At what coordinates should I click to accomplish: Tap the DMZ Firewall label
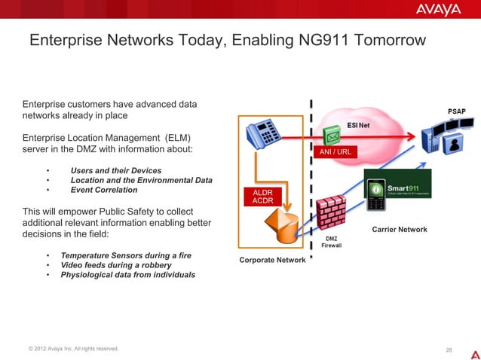[x=332, y=240]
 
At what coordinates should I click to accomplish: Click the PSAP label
[x=457, y=111]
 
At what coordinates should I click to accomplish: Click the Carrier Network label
[x=400, y=230]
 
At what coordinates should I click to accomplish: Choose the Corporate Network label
[x=271, y=260]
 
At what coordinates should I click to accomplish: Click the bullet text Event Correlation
[x=104, y=190]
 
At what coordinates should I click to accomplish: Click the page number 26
[x=449, y=349]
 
